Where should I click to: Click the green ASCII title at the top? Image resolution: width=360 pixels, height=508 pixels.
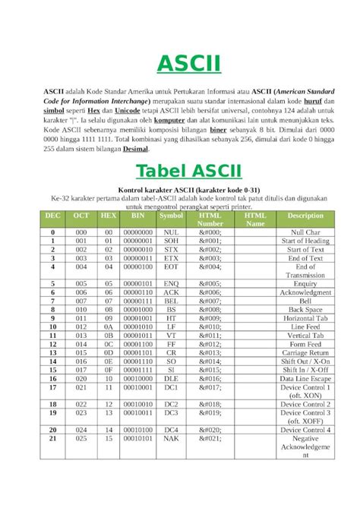pos(179,64)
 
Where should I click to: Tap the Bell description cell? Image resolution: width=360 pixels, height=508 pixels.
pos(305,301)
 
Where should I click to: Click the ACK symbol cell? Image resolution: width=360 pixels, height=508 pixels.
pos(172,292)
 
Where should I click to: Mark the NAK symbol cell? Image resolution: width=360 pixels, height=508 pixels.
pos(172,438)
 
